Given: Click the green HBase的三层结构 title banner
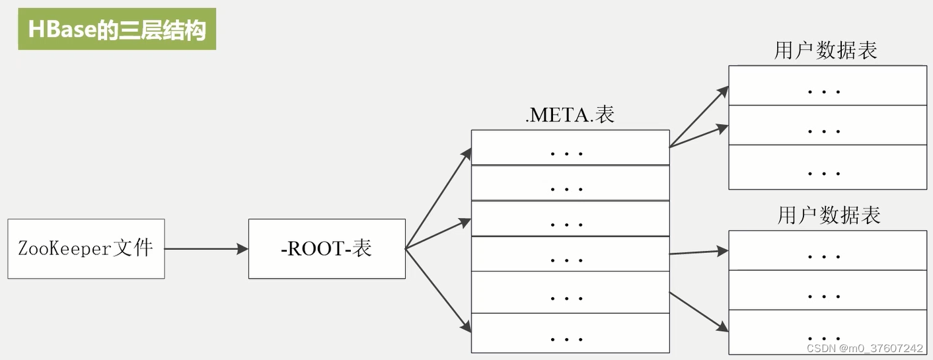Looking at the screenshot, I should pyautogui.click(x=117, y=29).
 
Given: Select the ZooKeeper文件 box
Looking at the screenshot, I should pyautogui.click(x=86, y=248).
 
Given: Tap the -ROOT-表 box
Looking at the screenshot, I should pyautogui.click(x=326, y=248).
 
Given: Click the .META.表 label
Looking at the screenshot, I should pyautogui.click(x=570, y=115).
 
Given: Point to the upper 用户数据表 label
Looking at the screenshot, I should pyautogui.click(x=825, y=51).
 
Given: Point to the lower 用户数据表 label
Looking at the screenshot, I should pyautogui.click(x=829, y=215).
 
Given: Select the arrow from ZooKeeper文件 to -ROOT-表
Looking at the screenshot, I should pyautogui.click(x=205, y=249).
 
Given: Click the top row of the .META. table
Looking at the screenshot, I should pyautogui.click(x=570, y=147).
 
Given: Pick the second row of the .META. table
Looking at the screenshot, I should pyautogui.click(x=570, y=183).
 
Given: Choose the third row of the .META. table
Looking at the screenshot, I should pyautogui.click(x=570, y=219).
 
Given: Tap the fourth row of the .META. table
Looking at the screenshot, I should pyautogui.click(x=570, y=254).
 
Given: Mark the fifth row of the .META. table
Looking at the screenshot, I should pyautogui.click(x=570, y=292).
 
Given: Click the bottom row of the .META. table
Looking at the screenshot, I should pyautogui.click(x=570, y=333).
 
